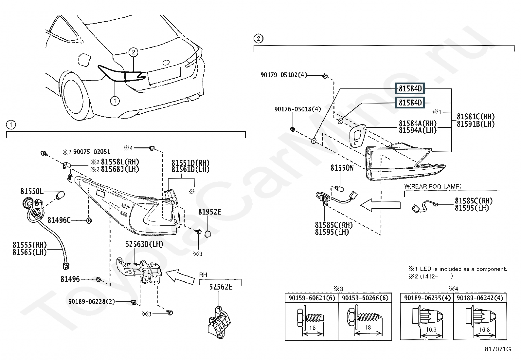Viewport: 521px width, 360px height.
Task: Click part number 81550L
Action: click(32, 191)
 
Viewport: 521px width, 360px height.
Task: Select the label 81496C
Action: click(59, 220)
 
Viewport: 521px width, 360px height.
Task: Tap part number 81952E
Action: click(210, 212)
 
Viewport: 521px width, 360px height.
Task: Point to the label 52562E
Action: click(221, 287)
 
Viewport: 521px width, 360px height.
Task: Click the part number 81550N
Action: click(342, 168)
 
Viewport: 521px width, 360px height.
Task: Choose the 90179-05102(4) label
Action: click(284, 75)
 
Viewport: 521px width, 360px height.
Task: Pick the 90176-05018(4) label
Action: click(298, 109)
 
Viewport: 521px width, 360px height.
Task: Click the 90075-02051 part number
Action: click(92, 152)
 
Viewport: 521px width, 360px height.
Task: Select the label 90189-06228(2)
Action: click(92, 302)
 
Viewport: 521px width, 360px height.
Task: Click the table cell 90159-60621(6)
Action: click(312, 298)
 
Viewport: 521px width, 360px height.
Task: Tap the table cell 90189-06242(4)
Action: click(480, 298)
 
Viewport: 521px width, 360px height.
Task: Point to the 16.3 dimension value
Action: click(431, 330)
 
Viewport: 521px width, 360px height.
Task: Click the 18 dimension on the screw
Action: click(368, 328)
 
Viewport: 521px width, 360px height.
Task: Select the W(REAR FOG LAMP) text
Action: click(433, 186)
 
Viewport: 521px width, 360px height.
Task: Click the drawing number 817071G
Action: click(498, 349)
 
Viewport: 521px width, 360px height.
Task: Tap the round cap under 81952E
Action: click(208, 234)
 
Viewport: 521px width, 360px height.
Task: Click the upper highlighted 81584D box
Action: click(410, 89)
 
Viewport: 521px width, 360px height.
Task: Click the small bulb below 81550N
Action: click(340, 187)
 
